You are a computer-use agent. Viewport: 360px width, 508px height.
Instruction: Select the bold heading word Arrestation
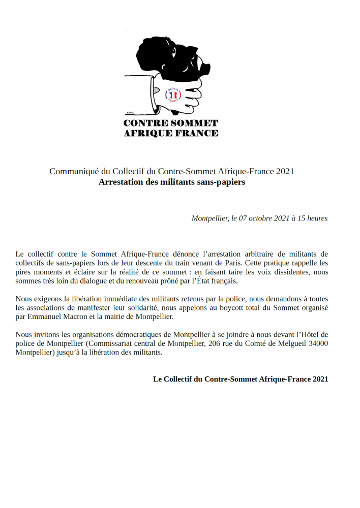pyautogui.click(x=121, y=182)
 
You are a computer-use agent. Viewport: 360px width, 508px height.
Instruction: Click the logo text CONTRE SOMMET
pyautogui.click(x=171, y=123)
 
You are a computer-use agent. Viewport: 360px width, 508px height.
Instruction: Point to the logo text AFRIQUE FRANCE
pyautogui.click(x=171, y=133)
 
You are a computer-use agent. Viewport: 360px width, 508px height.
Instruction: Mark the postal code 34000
pyautogui.click(x=317, y=344)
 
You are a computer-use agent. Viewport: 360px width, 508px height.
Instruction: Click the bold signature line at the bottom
pyautogui.click(x=241, y=379)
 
